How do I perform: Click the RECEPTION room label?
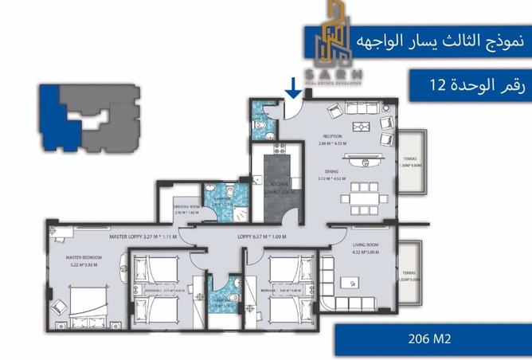tap(333, 135)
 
